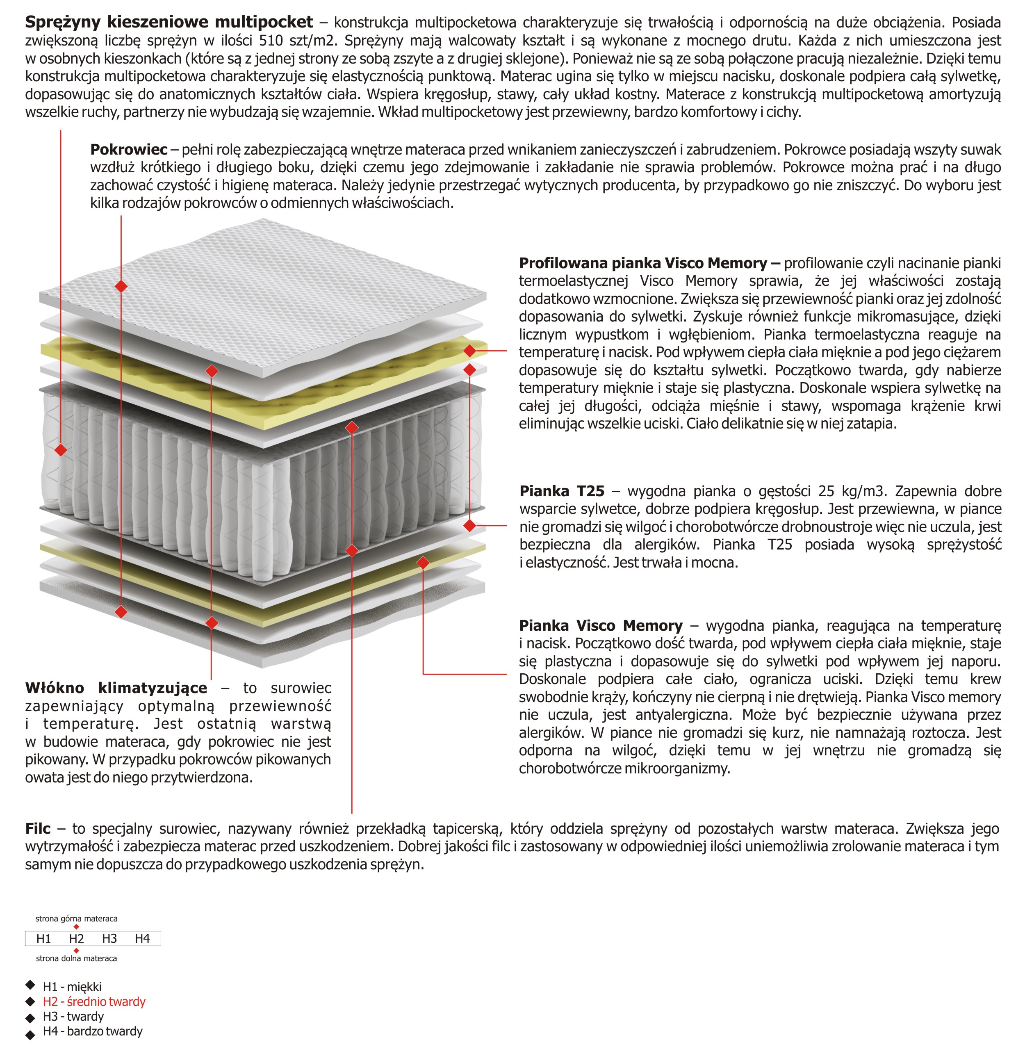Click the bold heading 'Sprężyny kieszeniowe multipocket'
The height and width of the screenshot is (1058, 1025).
click(169, 22)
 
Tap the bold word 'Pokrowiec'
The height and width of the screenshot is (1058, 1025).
click(128, 150)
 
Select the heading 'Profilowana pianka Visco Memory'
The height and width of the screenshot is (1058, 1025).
click(642, 263)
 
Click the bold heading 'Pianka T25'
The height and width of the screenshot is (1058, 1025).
click(561, 491)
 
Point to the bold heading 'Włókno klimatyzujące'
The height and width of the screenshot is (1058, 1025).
click(116, 688)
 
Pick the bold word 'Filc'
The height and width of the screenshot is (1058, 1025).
click(38, 829)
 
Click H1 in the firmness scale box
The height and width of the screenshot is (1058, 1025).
click(44, 939)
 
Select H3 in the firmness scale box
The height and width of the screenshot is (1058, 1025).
click(109, 939)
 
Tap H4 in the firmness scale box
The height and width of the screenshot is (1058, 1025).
click(143, 939)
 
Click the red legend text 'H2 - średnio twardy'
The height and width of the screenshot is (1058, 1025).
click(94, 1002)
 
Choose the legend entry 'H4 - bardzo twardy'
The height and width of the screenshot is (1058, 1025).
click(92, 1032)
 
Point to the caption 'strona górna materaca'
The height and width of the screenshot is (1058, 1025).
click(76, 919)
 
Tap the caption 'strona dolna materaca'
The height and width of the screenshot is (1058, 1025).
click(76, 959)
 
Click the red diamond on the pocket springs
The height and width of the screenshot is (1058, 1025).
click(61, 449)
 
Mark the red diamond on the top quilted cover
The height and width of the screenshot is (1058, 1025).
click(121, 286)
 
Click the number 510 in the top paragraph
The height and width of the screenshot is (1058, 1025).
click(271, 41)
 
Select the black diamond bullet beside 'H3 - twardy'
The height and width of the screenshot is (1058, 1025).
click(30, 1017)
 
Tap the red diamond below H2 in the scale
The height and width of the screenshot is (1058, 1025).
click(76, 951)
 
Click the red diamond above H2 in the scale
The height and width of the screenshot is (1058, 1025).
click(76, 927)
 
